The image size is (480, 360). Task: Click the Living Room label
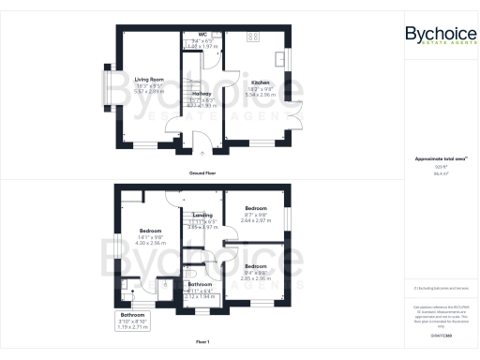[150, 80]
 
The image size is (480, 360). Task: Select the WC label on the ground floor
[202, 34]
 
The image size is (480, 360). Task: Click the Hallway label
[202, 95]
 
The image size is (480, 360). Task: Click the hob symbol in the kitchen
[252, 37]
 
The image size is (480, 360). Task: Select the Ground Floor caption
[203, 173]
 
